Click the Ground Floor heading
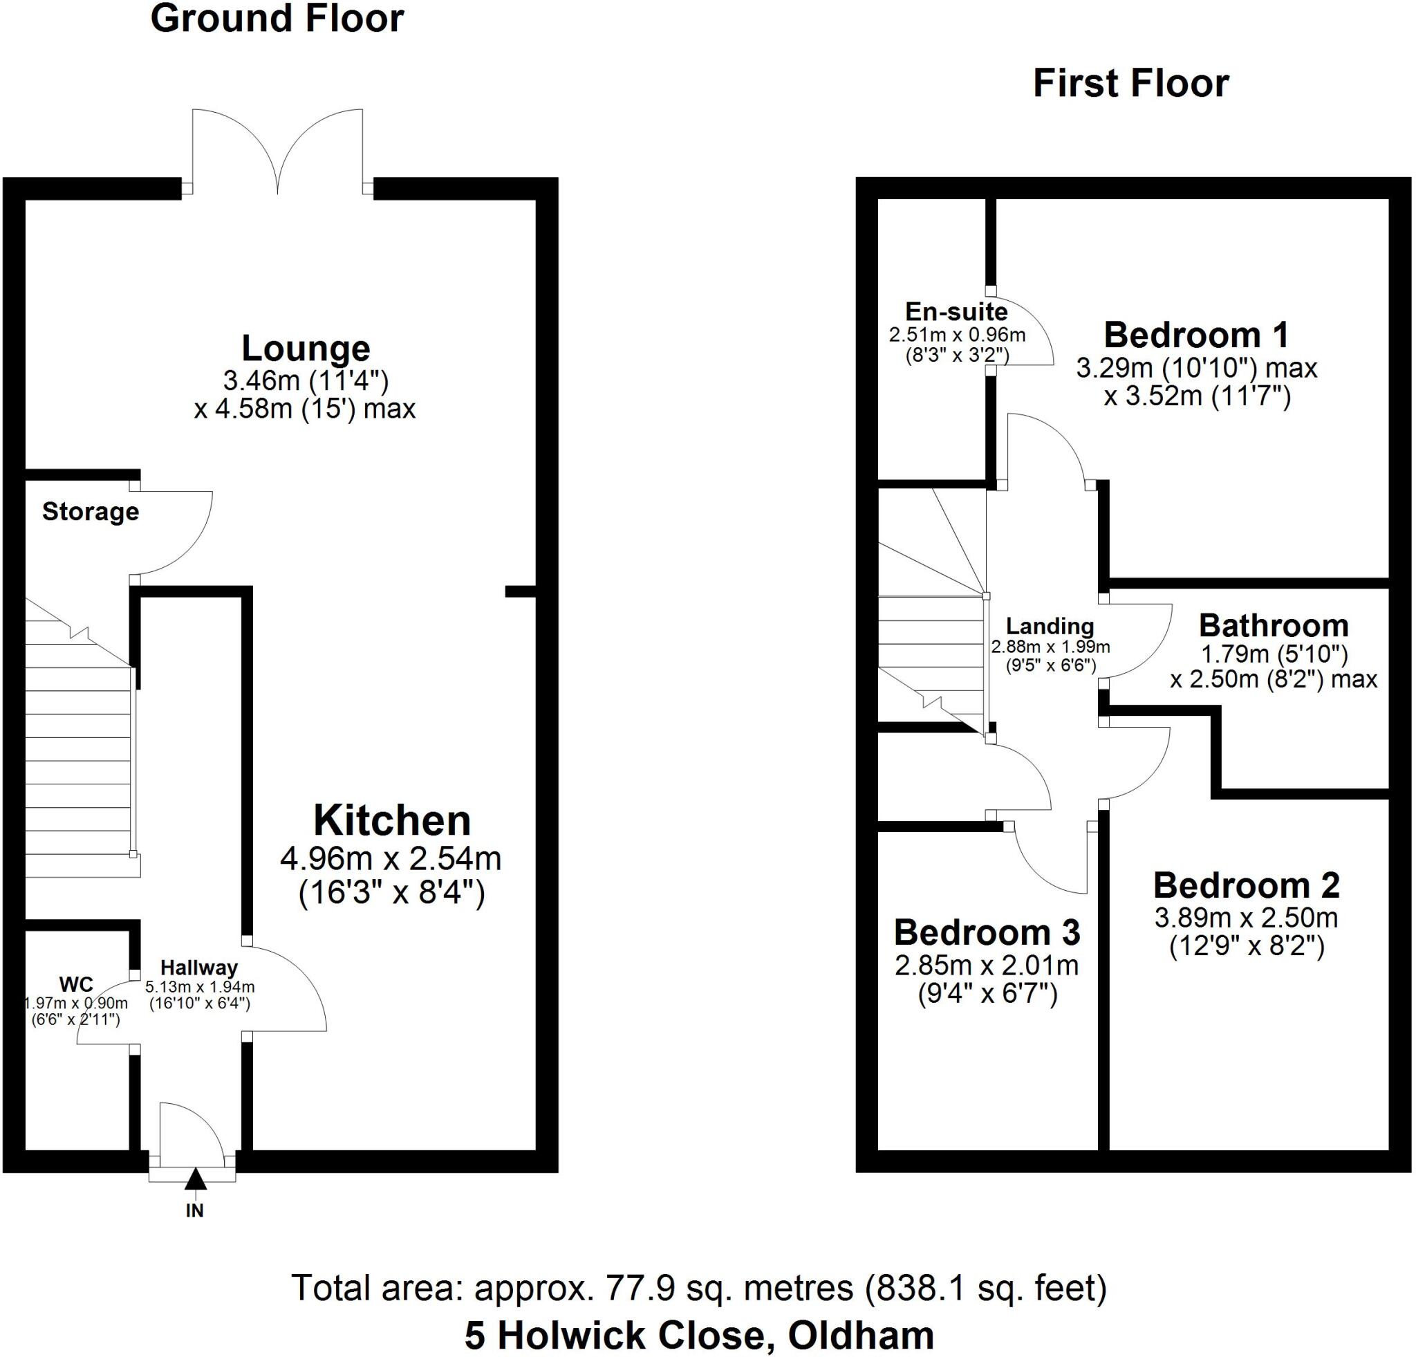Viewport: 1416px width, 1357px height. (277, 19)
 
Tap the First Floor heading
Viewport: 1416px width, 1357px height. (1130, 84)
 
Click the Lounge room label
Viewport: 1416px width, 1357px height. (306, 349)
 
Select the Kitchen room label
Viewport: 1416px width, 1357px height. (391, 821)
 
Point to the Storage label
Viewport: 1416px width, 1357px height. (91, 512)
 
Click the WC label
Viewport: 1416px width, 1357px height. (76, 984)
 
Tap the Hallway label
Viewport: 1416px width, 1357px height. (198, 968)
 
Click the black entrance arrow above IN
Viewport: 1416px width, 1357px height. (195, 1180)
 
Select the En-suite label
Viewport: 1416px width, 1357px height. (956, 311)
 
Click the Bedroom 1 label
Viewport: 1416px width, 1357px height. (1196, 335)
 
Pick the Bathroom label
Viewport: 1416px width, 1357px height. (1273, 625)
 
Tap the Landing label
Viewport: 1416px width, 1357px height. (1050, 626)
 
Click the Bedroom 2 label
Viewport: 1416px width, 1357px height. (1246, 885)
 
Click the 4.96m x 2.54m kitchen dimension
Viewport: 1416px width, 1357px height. (391, 860)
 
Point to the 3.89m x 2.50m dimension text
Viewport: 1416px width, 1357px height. (1246, 918)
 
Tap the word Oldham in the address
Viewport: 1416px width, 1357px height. (860, 1336)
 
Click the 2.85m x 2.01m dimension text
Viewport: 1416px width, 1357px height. (987, 966)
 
